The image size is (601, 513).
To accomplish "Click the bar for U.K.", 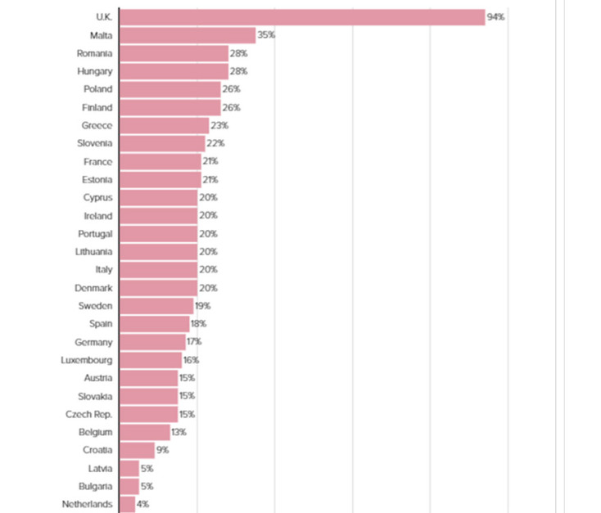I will pyautogui.click(x=302, y=17).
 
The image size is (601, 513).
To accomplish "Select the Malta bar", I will pyautogui.click(x=188, y=35).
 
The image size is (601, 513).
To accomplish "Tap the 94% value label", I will pyautogui.click(x=495, y=17).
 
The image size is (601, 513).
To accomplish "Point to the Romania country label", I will pyautogui.click(x=94, y=53).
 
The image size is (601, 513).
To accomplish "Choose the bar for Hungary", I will pyautogui.click(x=174, y=71).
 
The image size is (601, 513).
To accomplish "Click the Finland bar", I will pyautogui.click(x=169, y=107).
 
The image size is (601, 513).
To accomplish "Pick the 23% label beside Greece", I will pyautogui.click(x=219, y=125).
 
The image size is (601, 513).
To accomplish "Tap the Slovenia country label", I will pyautogui.click(x=93, y=143).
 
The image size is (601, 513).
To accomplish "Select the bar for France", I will pyautogui.click(x=160, y=161).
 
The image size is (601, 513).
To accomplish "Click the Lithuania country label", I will pyautogui.click(x=93, y=251).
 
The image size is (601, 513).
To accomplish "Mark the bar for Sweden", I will pyautogui.click(x=156, y=305).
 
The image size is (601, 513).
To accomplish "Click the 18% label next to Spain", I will pyautogui.click(x=198, y=323).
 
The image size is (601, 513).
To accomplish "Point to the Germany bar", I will pyautogui.click(x=152, y=341).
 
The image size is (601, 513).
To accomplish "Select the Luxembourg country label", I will pyautogui.click(x=87, y=359).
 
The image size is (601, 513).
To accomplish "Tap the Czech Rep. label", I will pyautogui.click(x=89, y=413).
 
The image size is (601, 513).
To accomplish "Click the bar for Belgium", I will pyautogui.click(x=144, y=431).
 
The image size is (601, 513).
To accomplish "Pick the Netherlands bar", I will pyautogui.click(x=127, y=503).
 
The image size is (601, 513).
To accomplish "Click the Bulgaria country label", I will pyautogui.click(x=93, y=485).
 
